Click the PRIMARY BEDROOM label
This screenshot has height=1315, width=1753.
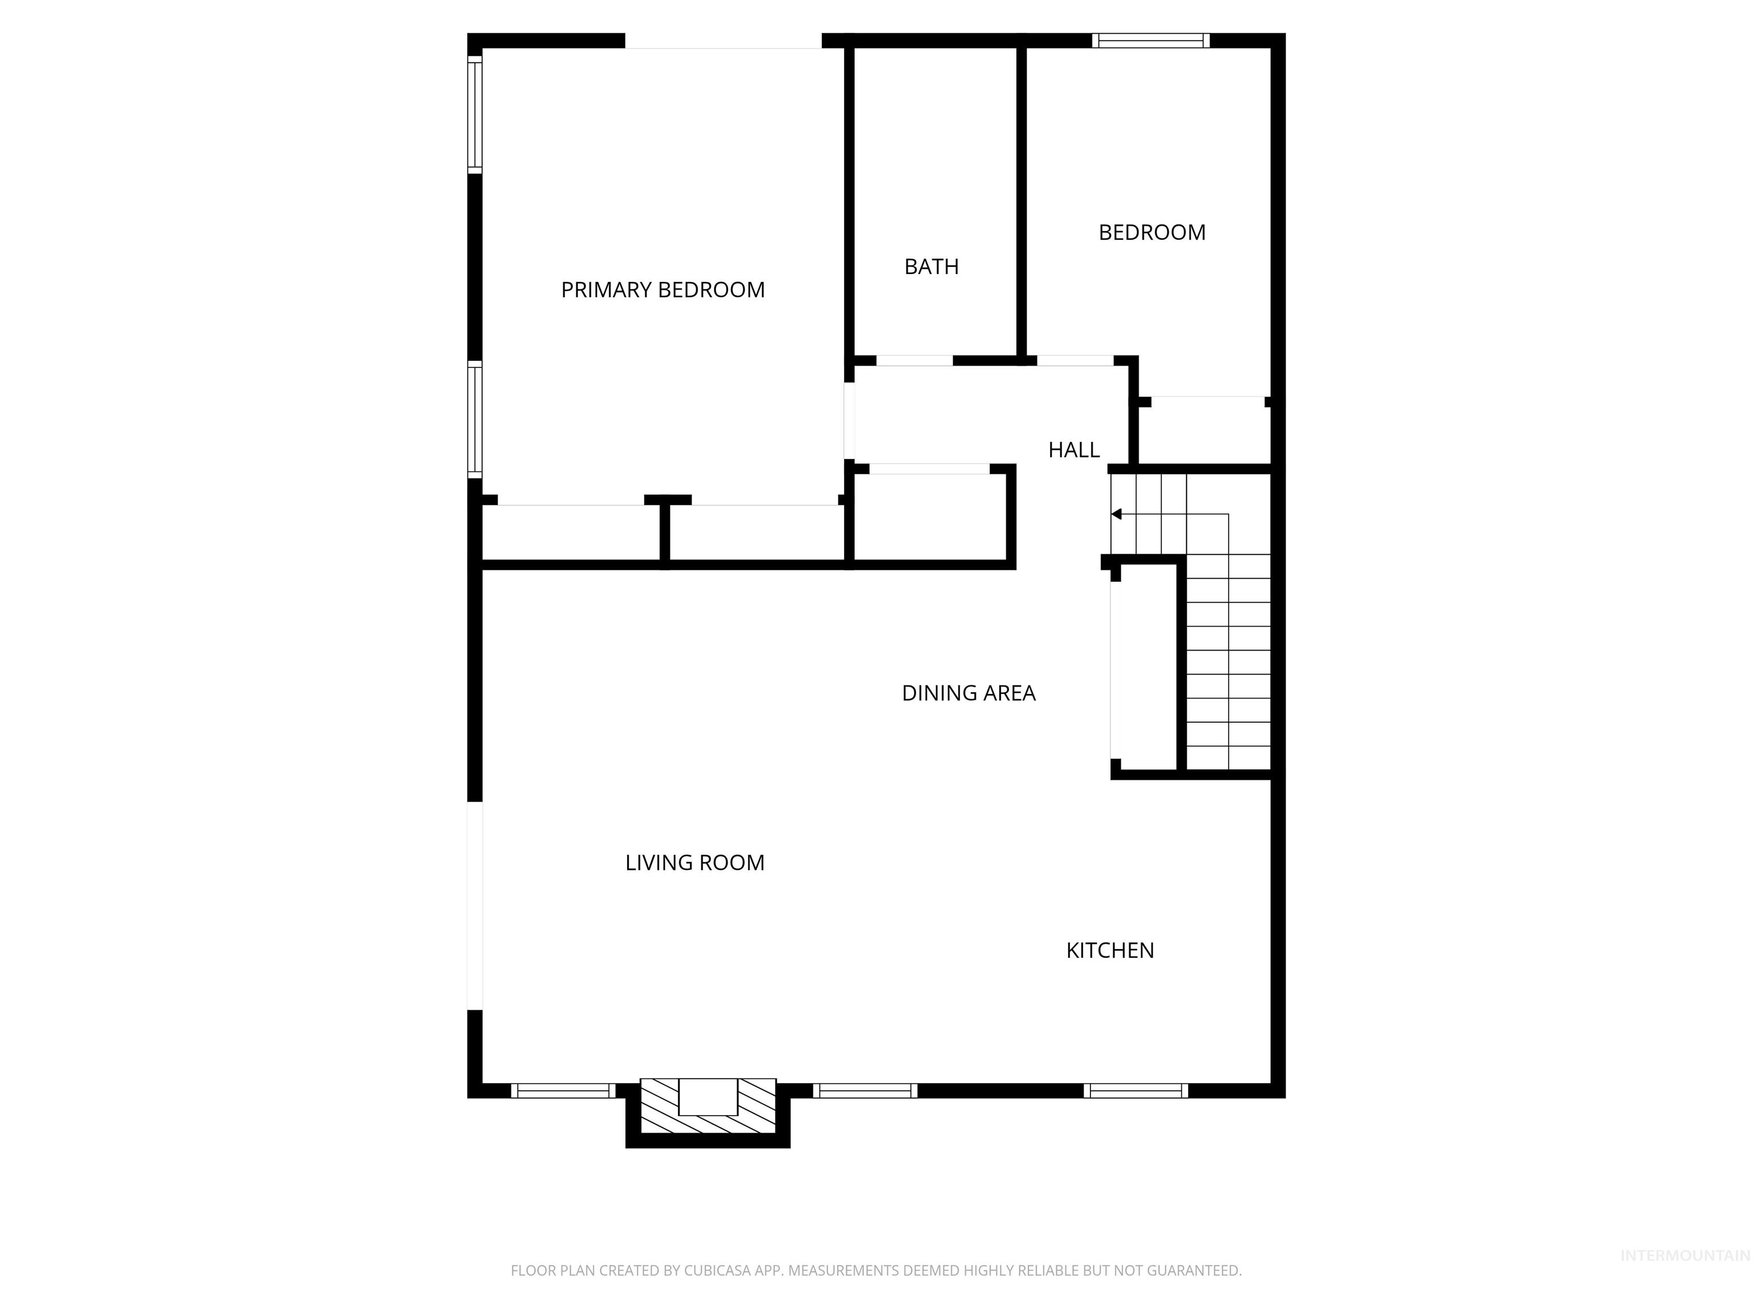click(x=663, y=290)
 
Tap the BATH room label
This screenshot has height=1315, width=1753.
click(x=931, y=267)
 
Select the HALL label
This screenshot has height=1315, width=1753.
click(x=1074, y=450)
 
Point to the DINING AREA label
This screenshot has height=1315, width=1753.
click(x=968, y=693)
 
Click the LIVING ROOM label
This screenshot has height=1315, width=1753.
click(x=694, y=862)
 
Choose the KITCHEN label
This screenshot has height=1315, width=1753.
click(x=1109, y=950)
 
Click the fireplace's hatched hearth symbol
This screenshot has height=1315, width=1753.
click(x=708, y=1106)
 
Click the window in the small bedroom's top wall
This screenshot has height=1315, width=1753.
click(x=1151, y=41)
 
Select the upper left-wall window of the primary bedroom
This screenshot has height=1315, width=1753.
click(x=475, y=114)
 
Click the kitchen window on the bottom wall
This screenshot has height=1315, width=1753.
click(x=1136, y=1091)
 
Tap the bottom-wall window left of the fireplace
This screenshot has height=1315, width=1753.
click(x=563, y=1091)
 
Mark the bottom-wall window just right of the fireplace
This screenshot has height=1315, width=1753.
click(x=865, y=1091)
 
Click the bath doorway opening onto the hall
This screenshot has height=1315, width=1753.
click(x=914, y=361)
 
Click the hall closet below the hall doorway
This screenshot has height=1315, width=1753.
click(x=930, y=517)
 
